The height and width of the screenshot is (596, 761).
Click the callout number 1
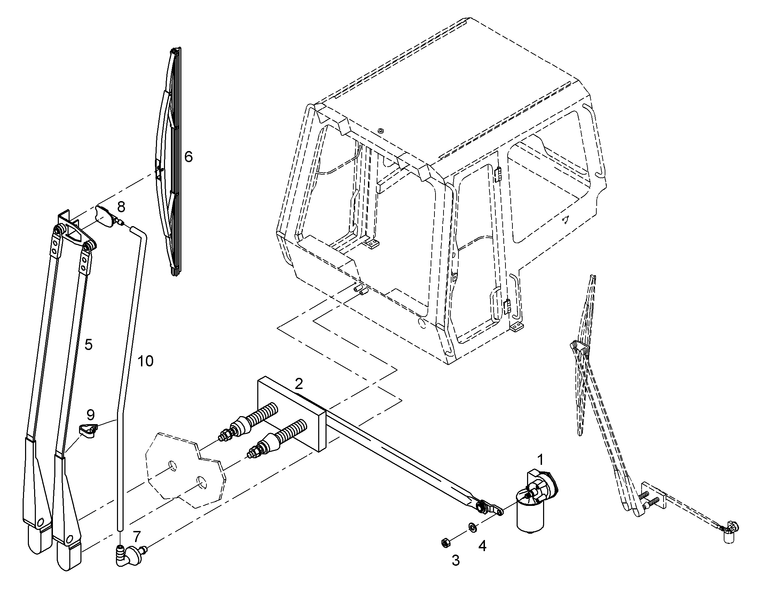[540, 460]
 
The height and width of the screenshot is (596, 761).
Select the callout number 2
[299, 384]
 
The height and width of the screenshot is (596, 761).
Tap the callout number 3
[456, 561]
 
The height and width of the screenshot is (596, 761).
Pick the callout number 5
[88, 344]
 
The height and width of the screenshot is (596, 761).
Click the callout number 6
[188, 157]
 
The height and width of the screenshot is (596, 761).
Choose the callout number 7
[137, 536]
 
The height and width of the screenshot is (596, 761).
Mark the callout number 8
[121, 207]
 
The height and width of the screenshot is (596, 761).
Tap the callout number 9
[91, 415]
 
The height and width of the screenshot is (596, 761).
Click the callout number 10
[145, 361]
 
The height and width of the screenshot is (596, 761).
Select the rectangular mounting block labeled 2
[291, 414]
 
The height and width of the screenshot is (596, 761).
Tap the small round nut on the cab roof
[381, 131]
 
